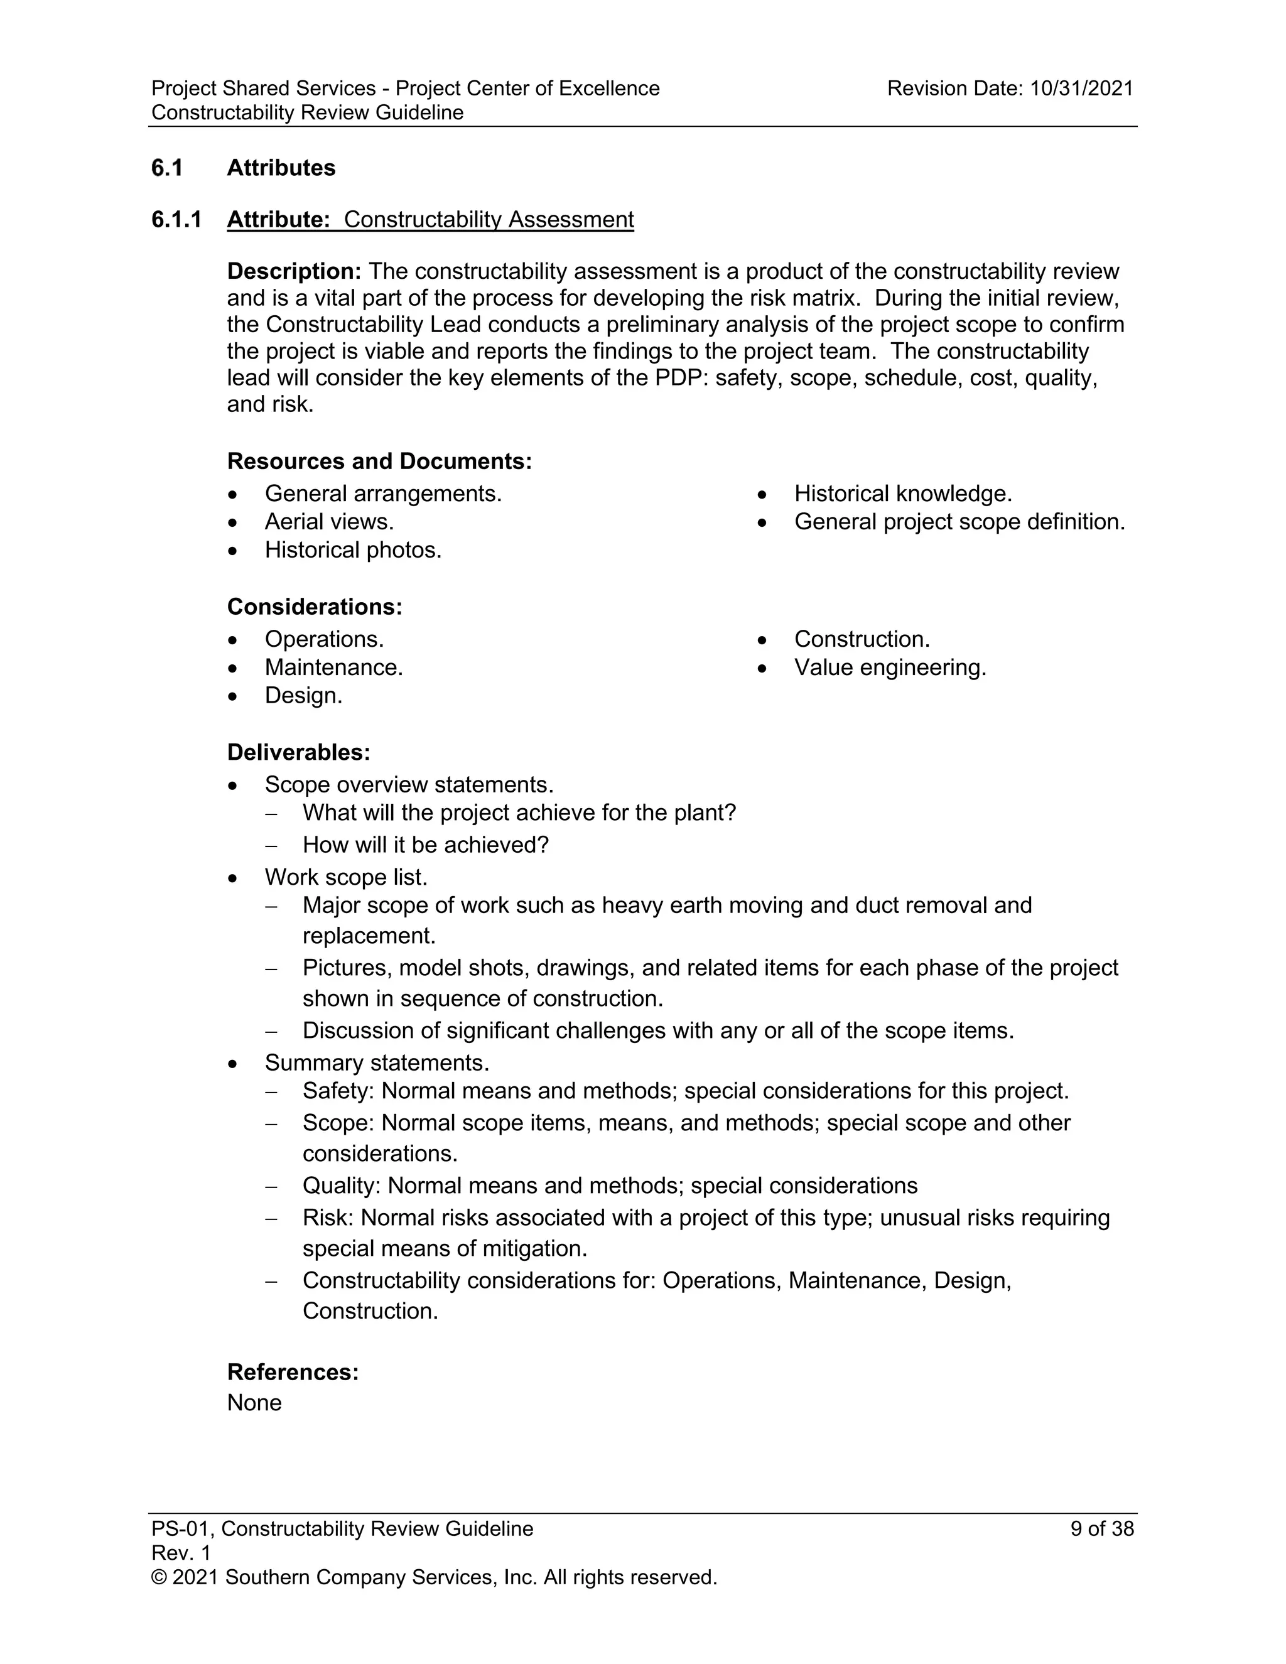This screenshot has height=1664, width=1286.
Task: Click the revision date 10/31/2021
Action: coord(1081,89)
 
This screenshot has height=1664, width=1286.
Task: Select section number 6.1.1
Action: coord(176,219)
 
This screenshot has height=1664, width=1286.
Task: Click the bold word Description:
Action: coord(294,271)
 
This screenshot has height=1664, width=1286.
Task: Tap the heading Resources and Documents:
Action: coord(379,461)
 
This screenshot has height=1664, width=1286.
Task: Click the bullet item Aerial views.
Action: coord(328,522)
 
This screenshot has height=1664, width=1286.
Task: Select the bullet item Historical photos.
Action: coord(353,550)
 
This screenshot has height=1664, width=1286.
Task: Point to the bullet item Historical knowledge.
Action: coord(903,494)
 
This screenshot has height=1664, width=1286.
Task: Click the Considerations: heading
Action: coord(314,607)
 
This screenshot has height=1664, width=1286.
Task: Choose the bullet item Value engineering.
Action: coord(890,667)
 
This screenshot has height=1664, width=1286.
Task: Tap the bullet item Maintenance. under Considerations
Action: coord(333,667)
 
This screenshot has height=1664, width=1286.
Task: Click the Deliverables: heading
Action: coord(299,752)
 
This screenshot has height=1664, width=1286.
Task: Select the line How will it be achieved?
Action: coord(425,845)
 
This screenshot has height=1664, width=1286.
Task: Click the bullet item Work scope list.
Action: coord(346,877)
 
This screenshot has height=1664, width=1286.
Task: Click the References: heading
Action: coord(293,1372)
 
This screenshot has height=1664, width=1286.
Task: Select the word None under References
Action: coord(254,1403)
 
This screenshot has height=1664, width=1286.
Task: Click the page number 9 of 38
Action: coord(1101,1529)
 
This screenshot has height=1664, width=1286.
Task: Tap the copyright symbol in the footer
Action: coord(158,1578)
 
